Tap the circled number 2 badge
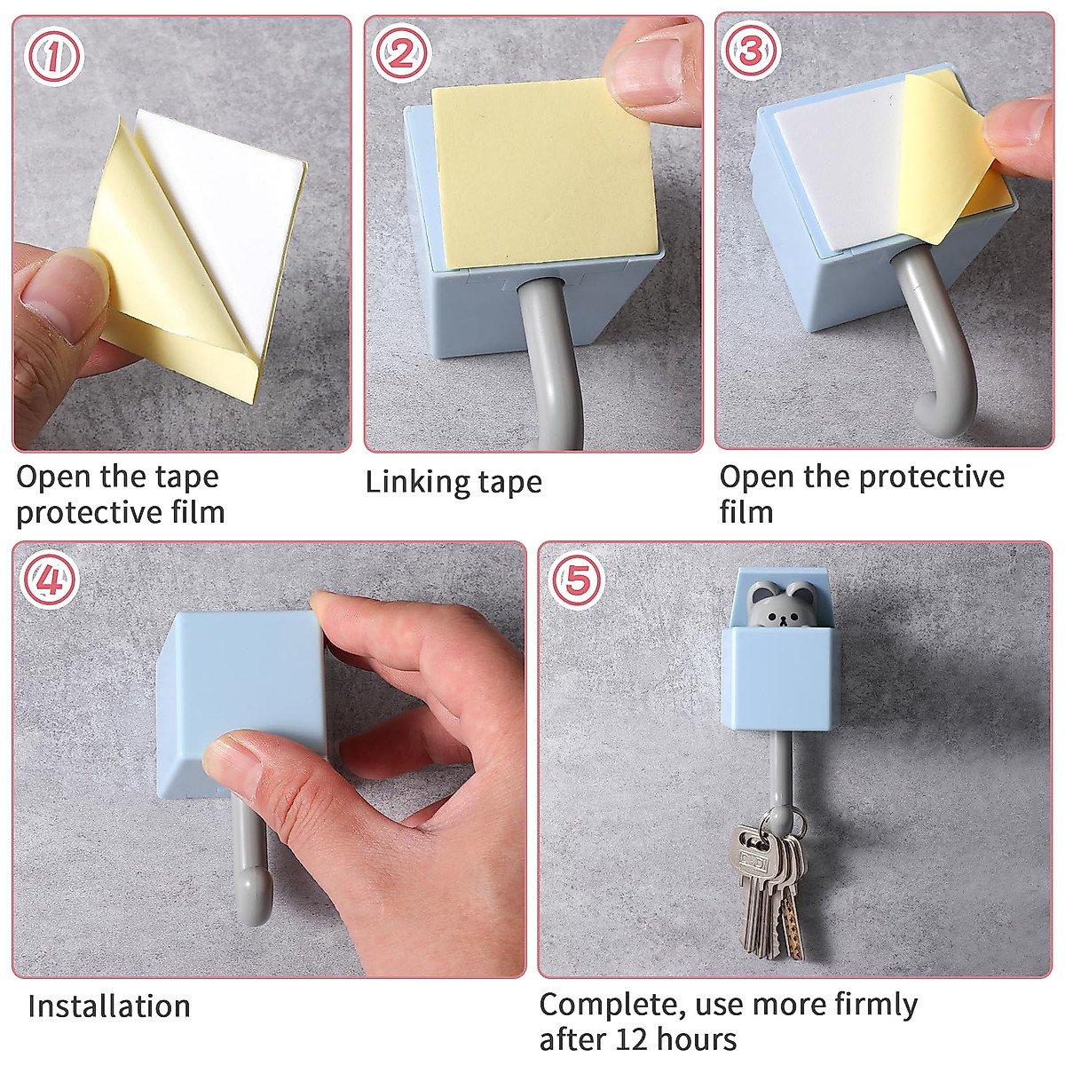(x=400, y=54)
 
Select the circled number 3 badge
(x=751, y=51)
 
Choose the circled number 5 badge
(x=578, y=580)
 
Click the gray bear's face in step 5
(x=782, y=606)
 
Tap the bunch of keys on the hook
(x=769, y=890)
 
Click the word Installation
(x=109, y=1006)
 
